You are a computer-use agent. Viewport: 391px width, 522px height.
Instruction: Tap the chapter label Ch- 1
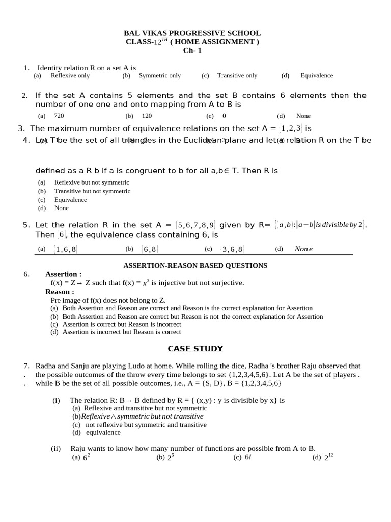pyautogui.click(x=192, y=50)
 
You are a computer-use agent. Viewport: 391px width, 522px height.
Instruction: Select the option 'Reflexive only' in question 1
pyautogui.click(x=70, y=76)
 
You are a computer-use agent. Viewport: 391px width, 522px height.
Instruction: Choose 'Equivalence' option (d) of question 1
pyautogui.click(x=316, y=76)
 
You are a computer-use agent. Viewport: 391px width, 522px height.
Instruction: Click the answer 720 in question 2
pyautogui.click(x=59, y=116)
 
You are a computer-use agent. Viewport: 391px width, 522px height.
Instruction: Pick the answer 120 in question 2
pyautogui.click(x=147, y=116)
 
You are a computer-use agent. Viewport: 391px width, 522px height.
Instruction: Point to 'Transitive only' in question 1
pyautogui.click(x=237, y=76)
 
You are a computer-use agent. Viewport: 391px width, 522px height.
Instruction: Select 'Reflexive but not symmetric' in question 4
pyautogui.click(x=92, y=182)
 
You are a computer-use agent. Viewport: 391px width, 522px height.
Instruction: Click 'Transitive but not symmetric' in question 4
pyautogui.click(x=92, y=191)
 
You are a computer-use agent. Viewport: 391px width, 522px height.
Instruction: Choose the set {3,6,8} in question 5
pyautogui.click(x=232, y=249)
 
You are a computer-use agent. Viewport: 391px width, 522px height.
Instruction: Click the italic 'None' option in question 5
pyautogui.click(x=303, y=249)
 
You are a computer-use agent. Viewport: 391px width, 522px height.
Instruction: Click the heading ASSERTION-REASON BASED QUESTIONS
pyautogui.click(x=195, y=266)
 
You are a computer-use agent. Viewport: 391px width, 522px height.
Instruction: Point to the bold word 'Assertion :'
pyautogui.click(x=63, y=274)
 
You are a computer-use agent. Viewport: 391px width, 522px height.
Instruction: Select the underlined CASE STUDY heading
pyautogui.click(x=195, y=349)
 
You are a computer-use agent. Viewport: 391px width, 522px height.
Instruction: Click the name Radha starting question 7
pyautogui.click(x=45, y=366)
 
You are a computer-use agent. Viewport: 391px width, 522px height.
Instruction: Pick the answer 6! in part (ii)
pyautogui.click(x=248, y=458)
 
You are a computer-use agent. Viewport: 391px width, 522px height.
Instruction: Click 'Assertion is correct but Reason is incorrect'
pyautogui.click(x=122, y=324)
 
